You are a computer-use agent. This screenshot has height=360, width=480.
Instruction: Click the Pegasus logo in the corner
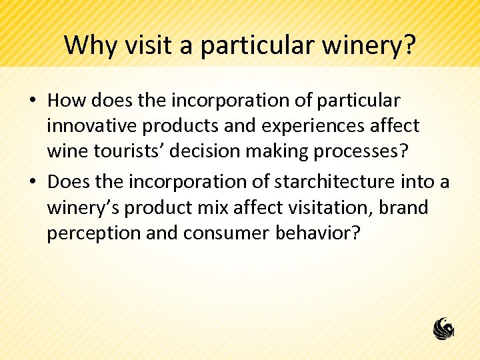pos(443,327)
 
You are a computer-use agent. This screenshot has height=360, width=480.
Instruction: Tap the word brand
pos(403,207)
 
